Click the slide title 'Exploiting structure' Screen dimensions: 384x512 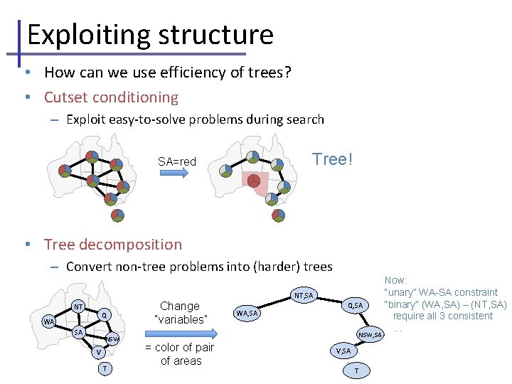click(x=149, y=34)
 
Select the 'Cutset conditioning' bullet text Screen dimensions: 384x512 click(x=111, y=97)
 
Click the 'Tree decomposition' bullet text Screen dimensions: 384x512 click(x=113, y=244)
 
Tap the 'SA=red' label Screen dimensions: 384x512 click(x=177, y=161)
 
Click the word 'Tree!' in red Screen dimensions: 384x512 click(x=331, y=159)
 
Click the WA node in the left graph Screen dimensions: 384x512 click(x=48, y=321)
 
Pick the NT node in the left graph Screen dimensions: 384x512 click(x=78, y=306)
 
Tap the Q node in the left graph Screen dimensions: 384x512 click(x=104, y=315)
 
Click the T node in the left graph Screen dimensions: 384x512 click(x=104, y=368)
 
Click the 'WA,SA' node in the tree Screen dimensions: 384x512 click(x=247, y=313)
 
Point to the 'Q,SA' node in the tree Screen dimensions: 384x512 click(x=354, y=305)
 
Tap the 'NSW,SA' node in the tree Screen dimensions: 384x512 click(x=370, y=334)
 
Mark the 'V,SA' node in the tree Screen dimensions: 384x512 click(x=342, y=351)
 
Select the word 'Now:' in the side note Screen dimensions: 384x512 click(x=395, y=282)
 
